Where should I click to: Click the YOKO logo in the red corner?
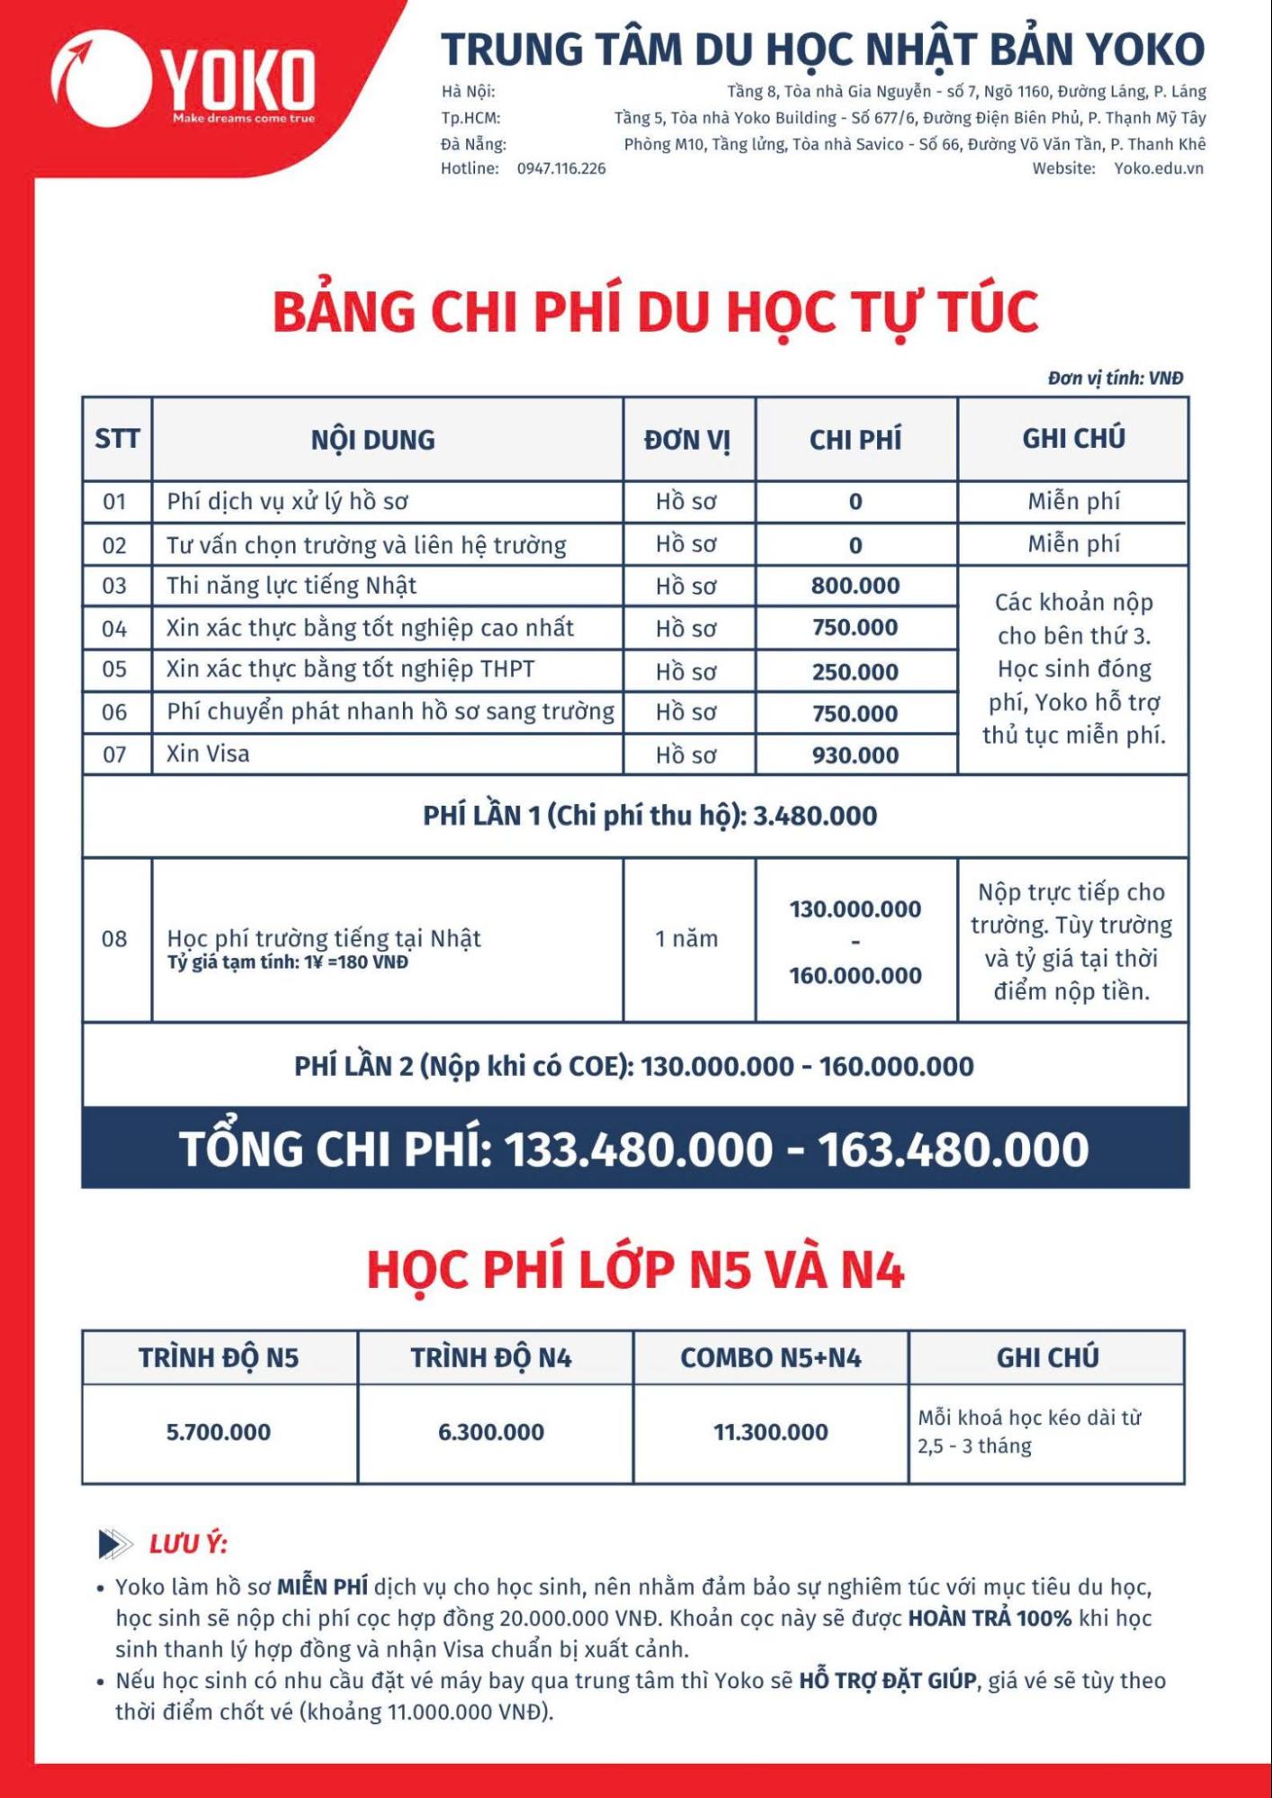click(184, 79)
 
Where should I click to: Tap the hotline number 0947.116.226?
click(561, 169)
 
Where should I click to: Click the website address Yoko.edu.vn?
click(1159, 169)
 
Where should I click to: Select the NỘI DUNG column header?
click(373, 440)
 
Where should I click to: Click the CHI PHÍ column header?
click(855, 440)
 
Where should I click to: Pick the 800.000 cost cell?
click(855, 586)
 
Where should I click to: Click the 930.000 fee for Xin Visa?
click(855, 756)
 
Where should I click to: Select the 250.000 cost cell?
click(855, 672)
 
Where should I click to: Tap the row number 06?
click(114, 713)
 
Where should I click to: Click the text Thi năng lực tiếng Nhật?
click(291, 586)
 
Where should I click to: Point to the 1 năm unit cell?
click(686, 939)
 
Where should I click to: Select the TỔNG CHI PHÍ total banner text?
click(634, 1149)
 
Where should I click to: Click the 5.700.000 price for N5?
click(219, 1432)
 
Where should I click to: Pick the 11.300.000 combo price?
click(771, 1432)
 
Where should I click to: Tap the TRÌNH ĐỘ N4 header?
click(491, 1358)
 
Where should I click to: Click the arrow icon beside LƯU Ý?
click(115, 1543)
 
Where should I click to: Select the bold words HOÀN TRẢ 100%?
click(990, 1618)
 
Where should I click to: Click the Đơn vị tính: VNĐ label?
click(1115, 379)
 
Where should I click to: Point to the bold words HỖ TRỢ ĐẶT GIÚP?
click(888, 1680)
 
